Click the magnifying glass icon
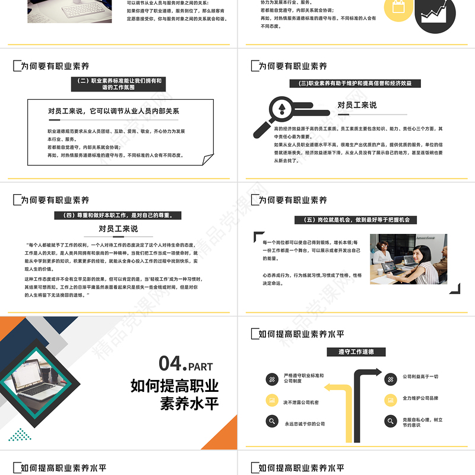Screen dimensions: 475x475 [x=274, y=116]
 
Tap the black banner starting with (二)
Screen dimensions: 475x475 [x=119, y=84]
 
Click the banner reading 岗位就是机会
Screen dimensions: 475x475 [x=356, y=220]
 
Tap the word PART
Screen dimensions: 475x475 [x=202, y=367]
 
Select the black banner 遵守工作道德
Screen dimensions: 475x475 [x=356, y=351]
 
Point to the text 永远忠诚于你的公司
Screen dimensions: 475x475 [x=305, y=423]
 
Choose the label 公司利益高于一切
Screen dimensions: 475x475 [x=420, y=376]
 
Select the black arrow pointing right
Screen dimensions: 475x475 [x=368, y=373]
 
